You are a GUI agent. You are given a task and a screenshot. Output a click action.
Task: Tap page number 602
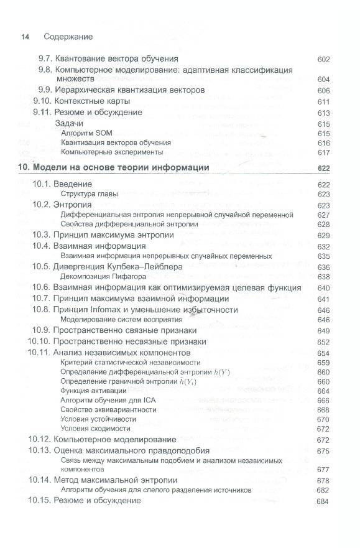pos(323,60)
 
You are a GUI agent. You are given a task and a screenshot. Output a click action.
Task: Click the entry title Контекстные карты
pos(91,101)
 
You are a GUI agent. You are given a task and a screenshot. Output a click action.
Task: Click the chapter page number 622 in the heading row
pos(323,169)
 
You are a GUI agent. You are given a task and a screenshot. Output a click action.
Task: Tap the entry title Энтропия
pos(73,205)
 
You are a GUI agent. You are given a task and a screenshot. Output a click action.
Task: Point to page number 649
pos(323,331)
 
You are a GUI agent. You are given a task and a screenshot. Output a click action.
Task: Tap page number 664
pos(323,391)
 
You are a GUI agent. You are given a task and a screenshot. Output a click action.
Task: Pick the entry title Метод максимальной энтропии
pos(116,481)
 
